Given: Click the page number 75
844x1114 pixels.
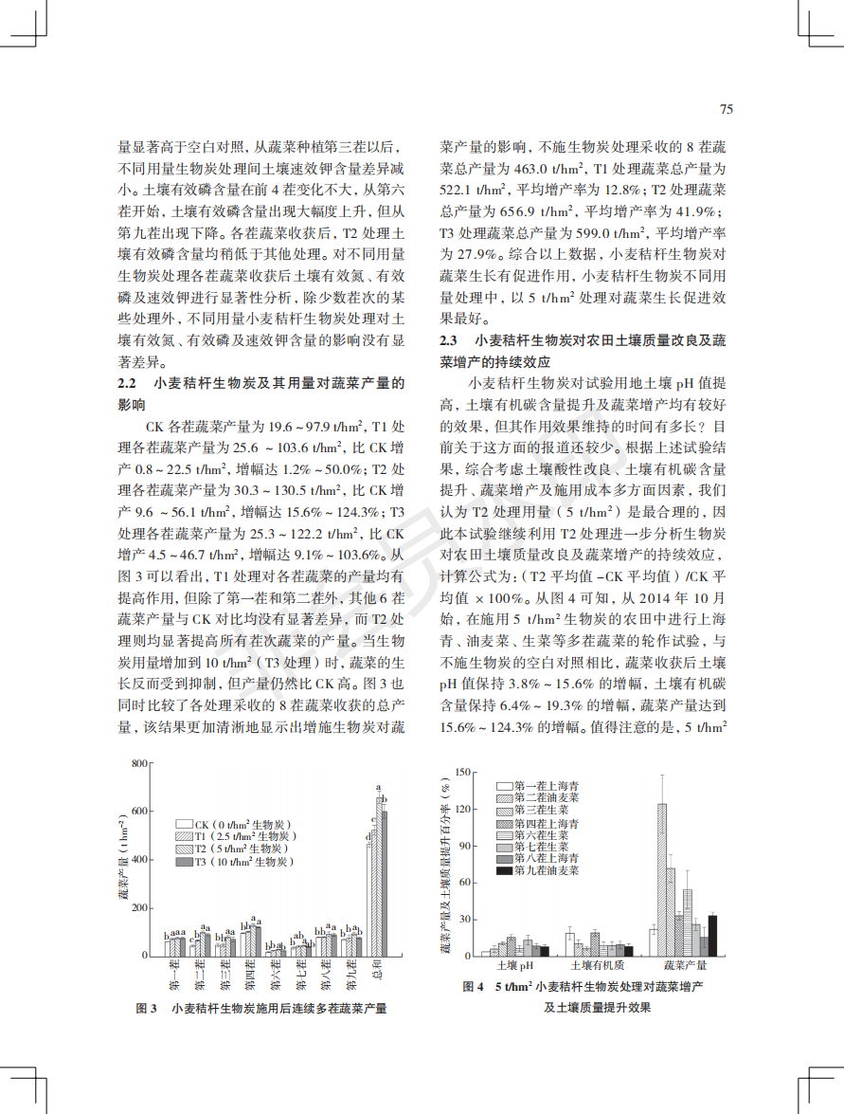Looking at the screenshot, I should [727, 109].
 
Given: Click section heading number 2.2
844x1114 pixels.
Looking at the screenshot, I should [128, 384].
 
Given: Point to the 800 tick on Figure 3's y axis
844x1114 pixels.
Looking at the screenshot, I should [139, 763].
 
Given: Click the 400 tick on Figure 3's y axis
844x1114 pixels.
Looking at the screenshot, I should [139, 860].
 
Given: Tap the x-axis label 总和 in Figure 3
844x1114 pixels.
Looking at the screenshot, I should [380, 974].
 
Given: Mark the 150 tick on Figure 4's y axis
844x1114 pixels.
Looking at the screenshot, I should [463, 772].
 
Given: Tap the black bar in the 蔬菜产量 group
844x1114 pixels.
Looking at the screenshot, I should [712, 935].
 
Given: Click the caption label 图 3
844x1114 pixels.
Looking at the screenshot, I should [146, 1008].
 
